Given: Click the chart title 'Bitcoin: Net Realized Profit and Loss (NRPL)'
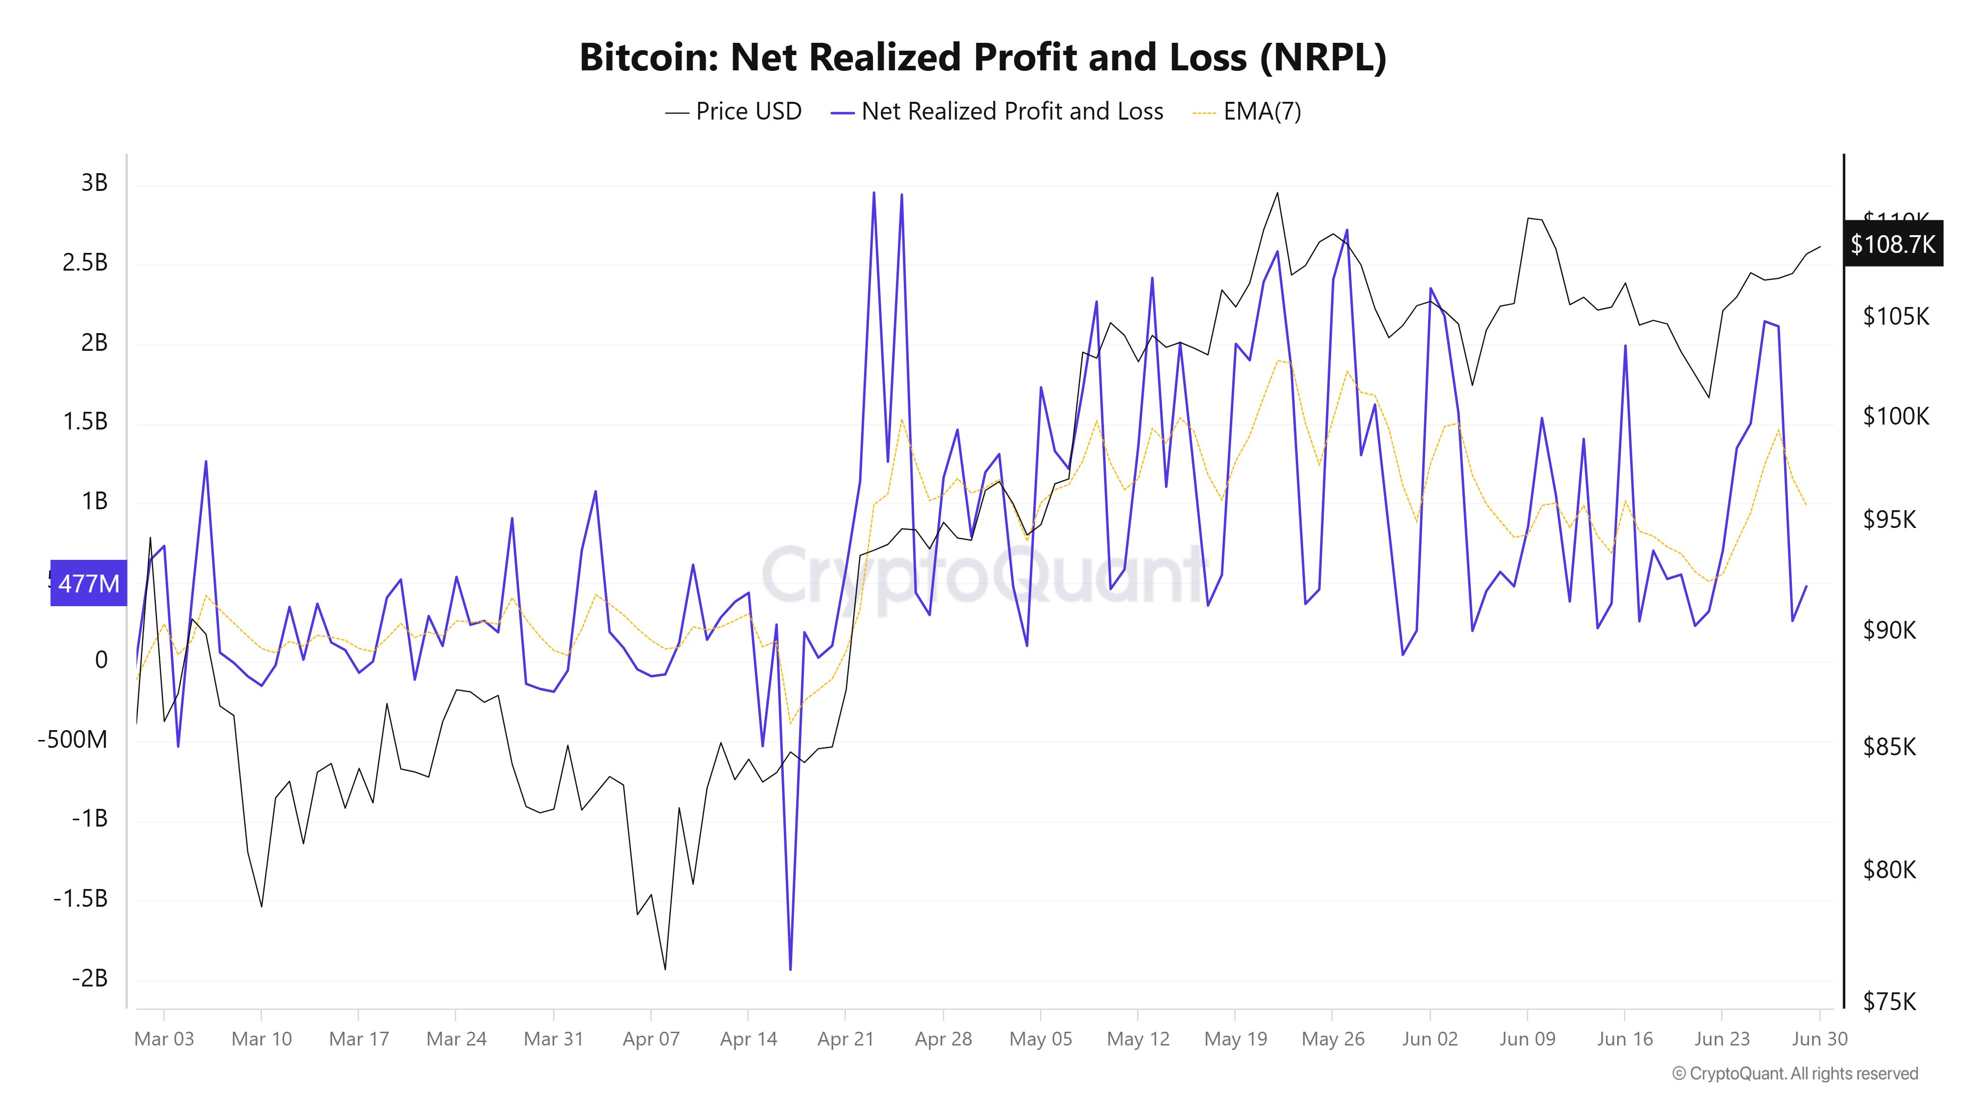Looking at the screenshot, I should tap(983, 57).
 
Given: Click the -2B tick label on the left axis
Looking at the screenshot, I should tap(89, 979).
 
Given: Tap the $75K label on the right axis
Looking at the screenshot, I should tap(1889, 1002).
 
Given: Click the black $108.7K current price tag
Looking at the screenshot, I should tap(1893, 245).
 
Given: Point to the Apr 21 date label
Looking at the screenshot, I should tap(845, 1039).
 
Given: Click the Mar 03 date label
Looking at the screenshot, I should tap(164, 1039).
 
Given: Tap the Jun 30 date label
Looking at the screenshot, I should tap(1819, 1039).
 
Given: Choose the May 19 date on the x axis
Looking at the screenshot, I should tap(1235, 1039).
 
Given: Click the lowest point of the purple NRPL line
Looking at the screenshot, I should tap(790, 969).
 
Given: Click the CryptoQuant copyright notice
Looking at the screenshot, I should tap(1794, 1074).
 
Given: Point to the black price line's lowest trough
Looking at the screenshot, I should tap(665, 969).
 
